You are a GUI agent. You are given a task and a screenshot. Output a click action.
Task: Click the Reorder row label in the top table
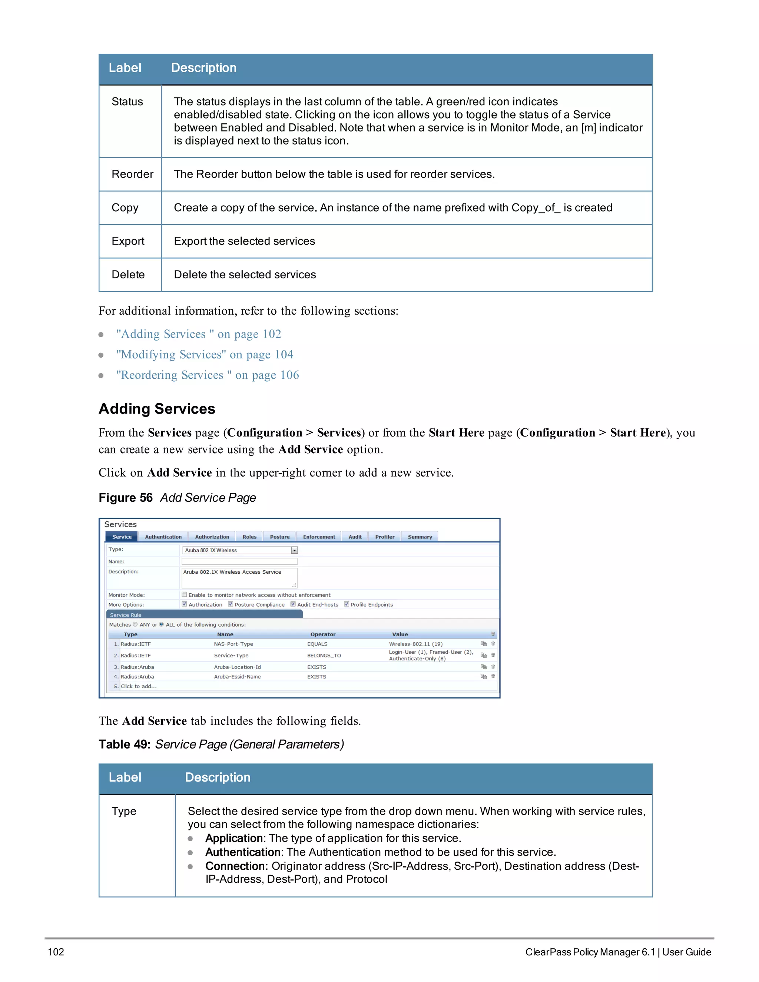(132, 174)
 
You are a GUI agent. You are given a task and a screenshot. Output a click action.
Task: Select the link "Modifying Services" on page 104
(205, 354)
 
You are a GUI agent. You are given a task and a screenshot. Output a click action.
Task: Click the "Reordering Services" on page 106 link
(207, 375)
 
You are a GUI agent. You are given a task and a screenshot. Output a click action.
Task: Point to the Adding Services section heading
(156, 409)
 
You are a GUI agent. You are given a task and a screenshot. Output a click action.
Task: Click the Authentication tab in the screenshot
(163, 537)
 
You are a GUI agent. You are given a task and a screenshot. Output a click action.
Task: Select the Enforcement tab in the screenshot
(319, 537)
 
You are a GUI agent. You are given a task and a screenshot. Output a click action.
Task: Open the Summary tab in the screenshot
(420, 537)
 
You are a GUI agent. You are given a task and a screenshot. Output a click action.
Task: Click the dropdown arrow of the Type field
(295, 550)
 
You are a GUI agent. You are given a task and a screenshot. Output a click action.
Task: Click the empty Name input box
(239, 561)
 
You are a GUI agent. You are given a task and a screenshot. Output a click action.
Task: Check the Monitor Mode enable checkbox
(184, 594)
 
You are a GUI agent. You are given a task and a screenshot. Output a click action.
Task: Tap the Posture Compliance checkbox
(231, 604)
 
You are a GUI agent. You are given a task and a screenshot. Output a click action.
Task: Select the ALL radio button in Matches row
(162, 624)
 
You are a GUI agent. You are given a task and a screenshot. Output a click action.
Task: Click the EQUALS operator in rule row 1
(318, 644)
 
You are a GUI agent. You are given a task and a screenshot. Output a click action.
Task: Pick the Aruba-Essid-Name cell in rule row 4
(238, 677)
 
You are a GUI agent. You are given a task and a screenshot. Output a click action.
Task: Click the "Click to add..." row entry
(139, 686)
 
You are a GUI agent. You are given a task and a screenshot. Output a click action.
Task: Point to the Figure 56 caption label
(126, 498)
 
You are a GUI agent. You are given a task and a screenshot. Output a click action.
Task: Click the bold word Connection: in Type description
(236, 866)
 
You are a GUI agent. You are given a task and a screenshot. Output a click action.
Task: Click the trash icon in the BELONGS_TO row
(493, 655)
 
